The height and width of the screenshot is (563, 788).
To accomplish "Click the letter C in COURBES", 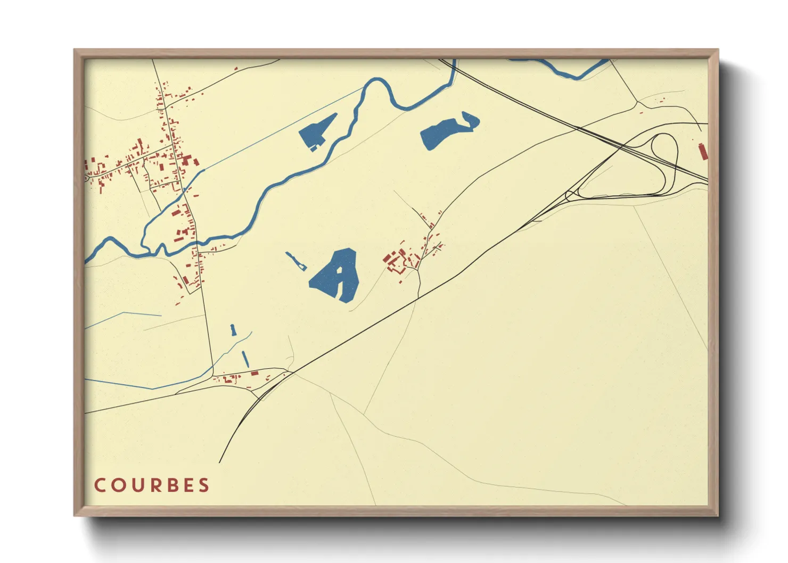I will coord(100,485).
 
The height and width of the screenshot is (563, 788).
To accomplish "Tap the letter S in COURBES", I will coord(203,485).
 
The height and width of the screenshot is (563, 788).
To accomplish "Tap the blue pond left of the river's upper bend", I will coord(317,131).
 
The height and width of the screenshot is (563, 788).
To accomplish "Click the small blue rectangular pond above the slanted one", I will coord(233,330).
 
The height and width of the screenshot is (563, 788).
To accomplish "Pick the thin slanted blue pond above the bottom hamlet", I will coord(245,358).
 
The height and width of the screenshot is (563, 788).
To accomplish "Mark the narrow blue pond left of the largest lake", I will coord(294,261).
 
